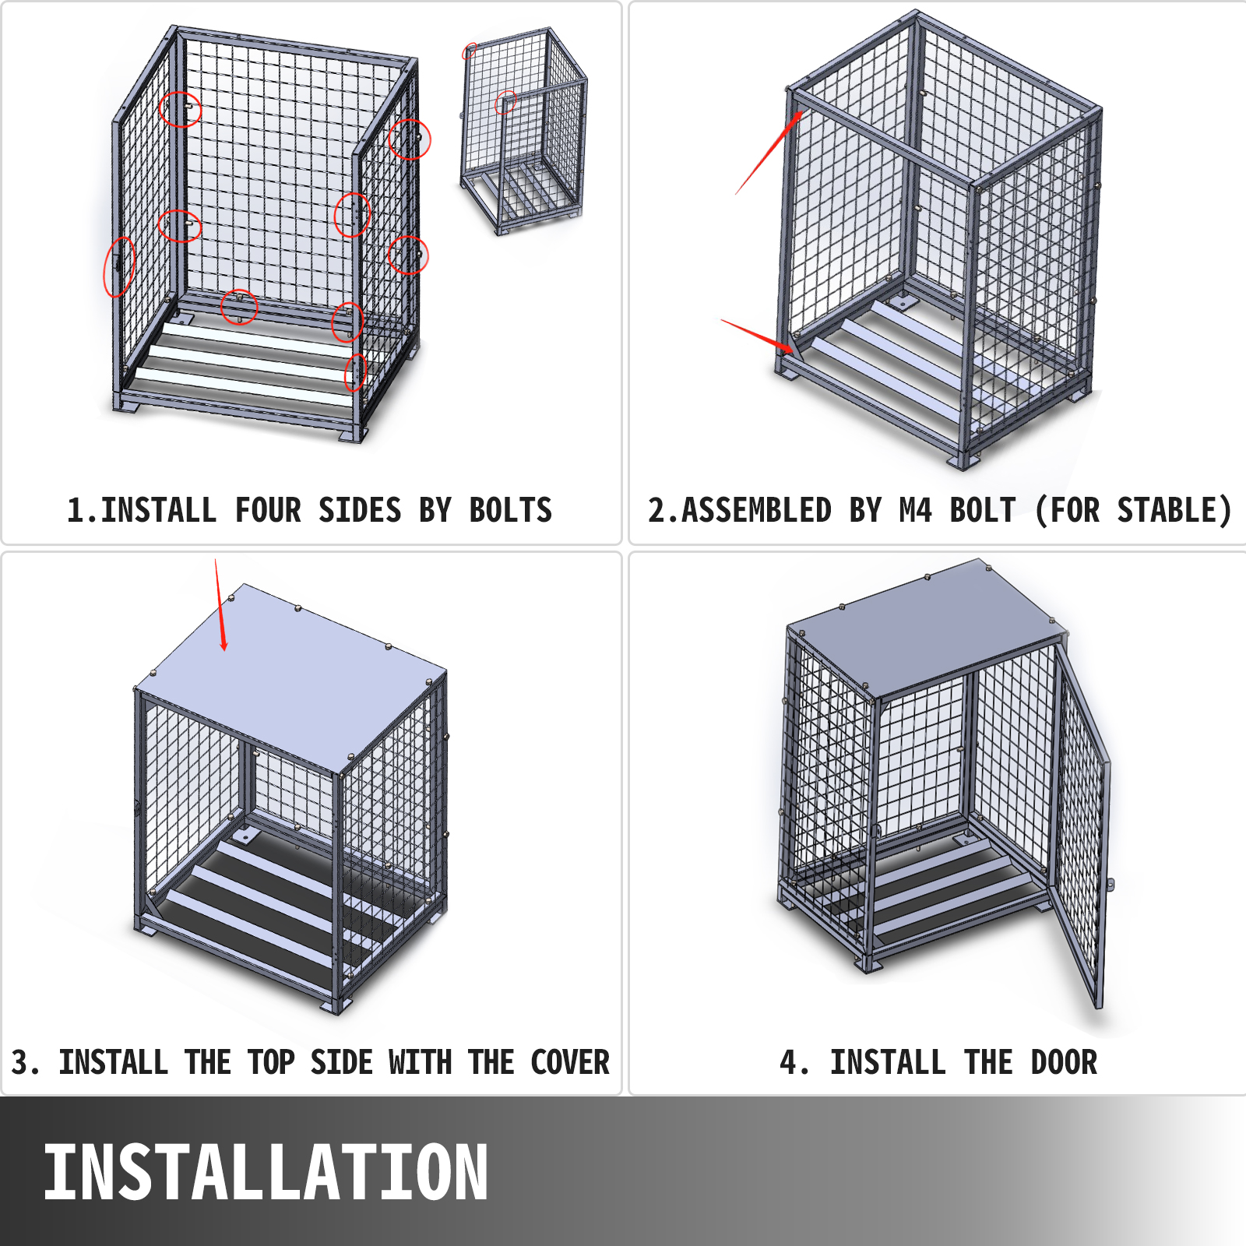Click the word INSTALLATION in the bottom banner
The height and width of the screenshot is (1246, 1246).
click(265, 1172)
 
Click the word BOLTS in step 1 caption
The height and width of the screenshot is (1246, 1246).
click(510, 511)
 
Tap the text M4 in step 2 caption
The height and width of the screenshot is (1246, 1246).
click(915, 511)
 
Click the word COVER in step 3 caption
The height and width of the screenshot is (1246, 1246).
click(569, 1063)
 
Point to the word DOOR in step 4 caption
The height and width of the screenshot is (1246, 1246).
click(1064, 1063)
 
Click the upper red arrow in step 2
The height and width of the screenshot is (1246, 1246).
click(769, 153)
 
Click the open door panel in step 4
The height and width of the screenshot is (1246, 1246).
click(1081, 825)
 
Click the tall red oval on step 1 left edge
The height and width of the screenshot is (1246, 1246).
click(119, 267)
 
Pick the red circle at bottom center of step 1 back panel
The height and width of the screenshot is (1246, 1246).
click(239, 306)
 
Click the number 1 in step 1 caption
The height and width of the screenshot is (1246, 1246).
click(75, 511)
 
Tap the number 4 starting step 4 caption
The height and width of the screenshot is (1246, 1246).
click(788, 1063)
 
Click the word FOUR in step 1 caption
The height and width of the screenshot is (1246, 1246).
click(268, 511)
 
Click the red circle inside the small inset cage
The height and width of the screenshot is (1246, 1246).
click(506, 102)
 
